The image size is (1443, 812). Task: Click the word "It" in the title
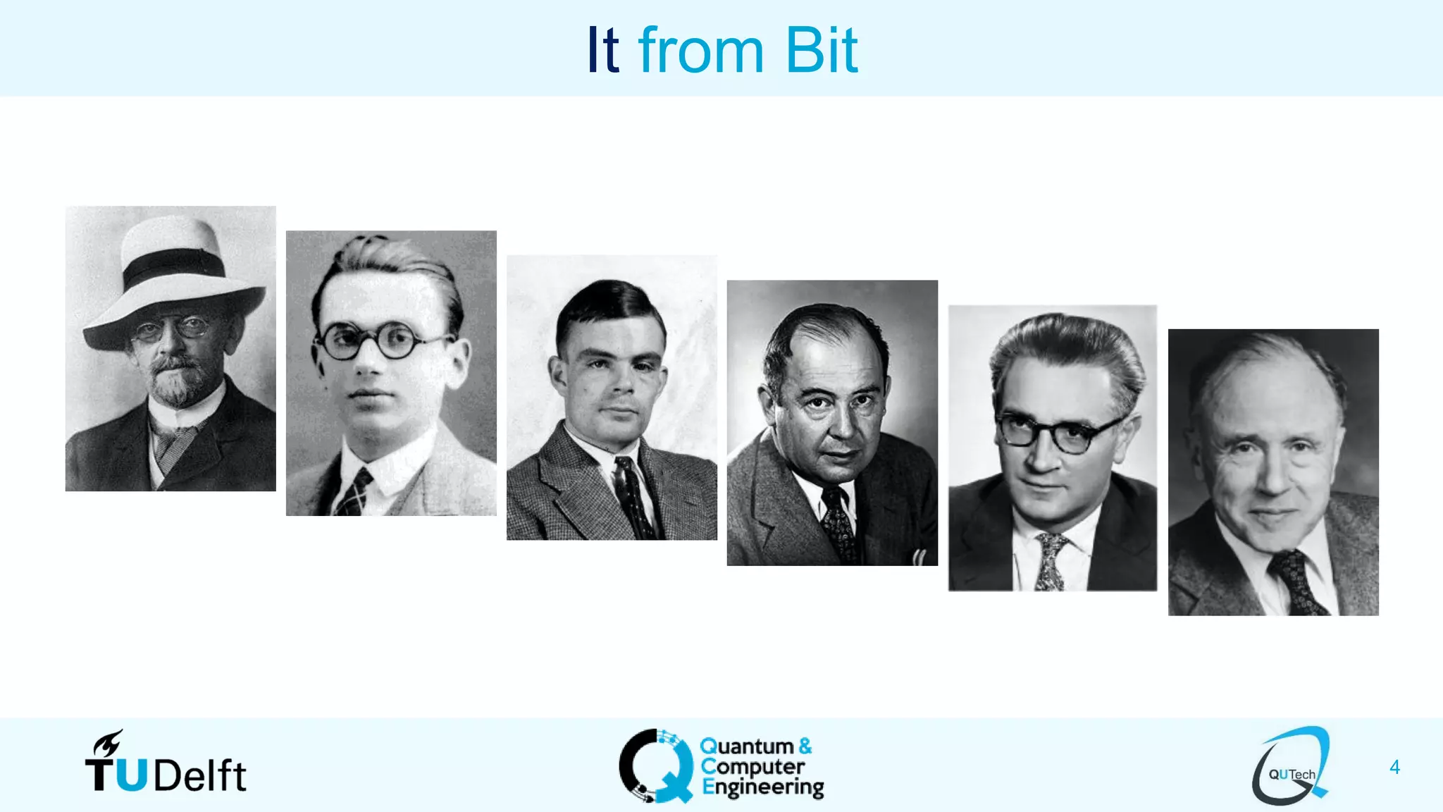tap(602, 50)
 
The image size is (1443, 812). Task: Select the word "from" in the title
tap(700, 50)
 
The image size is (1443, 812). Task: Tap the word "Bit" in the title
tap(821, 50)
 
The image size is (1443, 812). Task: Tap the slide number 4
tap(1394, 767)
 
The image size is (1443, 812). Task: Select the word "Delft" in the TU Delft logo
tap(200, 776)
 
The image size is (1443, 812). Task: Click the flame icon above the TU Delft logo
tap(109, 743)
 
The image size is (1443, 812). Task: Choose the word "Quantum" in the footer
tap(747, 746)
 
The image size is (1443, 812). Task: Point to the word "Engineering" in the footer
tap(763, 787)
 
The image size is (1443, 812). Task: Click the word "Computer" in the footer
tap(753, 766)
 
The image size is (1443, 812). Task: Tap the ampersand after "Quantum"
tap(805, 746)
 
